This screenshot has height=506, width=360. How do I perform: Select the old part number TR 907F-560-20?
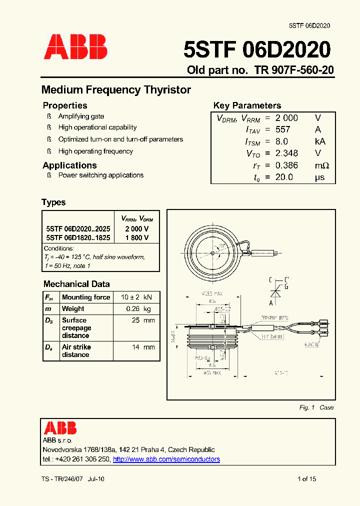tap(293, 70)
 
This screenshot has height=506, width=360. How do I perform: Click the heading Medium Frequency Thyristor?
tap(116, 90)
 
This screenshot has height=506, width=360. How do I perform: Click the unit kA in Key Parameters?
tap(320, 141)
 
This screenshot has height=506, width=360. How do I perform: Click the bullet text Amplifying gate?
tap(81, 116)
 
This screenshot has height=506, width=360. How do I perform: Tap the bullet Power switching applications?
tap(100, 175)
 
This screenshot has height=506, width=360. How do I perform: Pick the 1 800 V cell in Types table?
tap(136, 238)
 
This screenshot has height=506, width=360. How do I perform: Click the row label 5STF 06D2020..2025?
tap(78, 228)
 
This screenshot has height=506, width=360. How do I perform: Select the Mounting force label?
tap(85, 297)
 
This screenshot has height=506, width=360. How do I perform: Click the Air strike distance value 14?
tap(135, 347)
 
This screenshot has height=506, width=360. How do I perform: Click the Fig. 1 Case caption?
tap(316, 407)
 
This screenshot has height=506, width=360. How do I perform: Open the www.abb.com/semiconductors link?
tap(166, 459)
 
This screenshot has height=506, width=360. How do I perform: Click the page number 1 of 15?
tap(306, 479)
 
